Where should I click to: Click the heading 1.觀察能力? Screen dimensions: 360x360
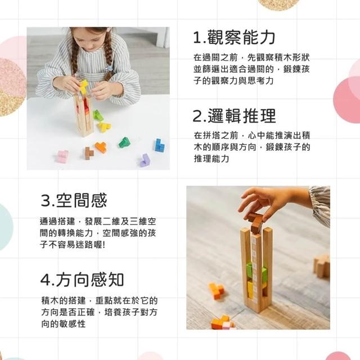(x=234, y=38)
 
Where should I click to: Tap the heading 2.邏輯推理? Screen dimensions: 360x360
(x=234, y=116)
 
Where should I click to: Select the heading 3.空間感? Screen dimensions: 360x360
(x=74, y=200)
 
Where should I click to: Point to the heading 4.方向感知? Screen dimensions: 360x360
(x=82, y=280)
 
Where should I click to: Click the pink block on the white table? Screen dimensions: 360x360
(x=62, y=156)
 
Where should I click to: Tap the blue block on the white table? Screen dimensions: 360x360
(x=159, y=145)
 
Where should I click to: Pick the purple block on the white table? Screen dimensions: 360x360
(x=145, y=160)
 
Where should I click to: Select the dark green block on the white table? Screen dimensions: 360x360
(x=124, y=142)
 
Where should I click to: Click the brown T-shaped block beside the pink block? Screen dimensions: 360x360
(x=89, y=153)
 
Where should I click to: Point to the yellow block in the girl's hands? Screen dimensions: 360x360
(x=83, y=86)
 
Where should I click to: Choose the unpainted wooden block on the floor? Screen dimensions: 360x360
(x=322, y=267)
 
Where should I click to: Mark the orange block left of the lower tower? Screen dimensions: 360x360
(x=216, y=290)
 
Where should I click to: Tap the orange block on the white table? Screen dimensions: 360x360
(x=101, y=147)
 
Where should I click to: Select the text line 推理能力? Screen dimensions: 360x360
(x=211, y=159)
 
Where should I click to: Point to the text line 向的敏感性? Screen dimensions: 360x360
(x=64, y=324)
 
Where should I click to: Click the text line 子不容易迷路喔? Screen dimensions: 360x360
(x=73, y=245)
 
